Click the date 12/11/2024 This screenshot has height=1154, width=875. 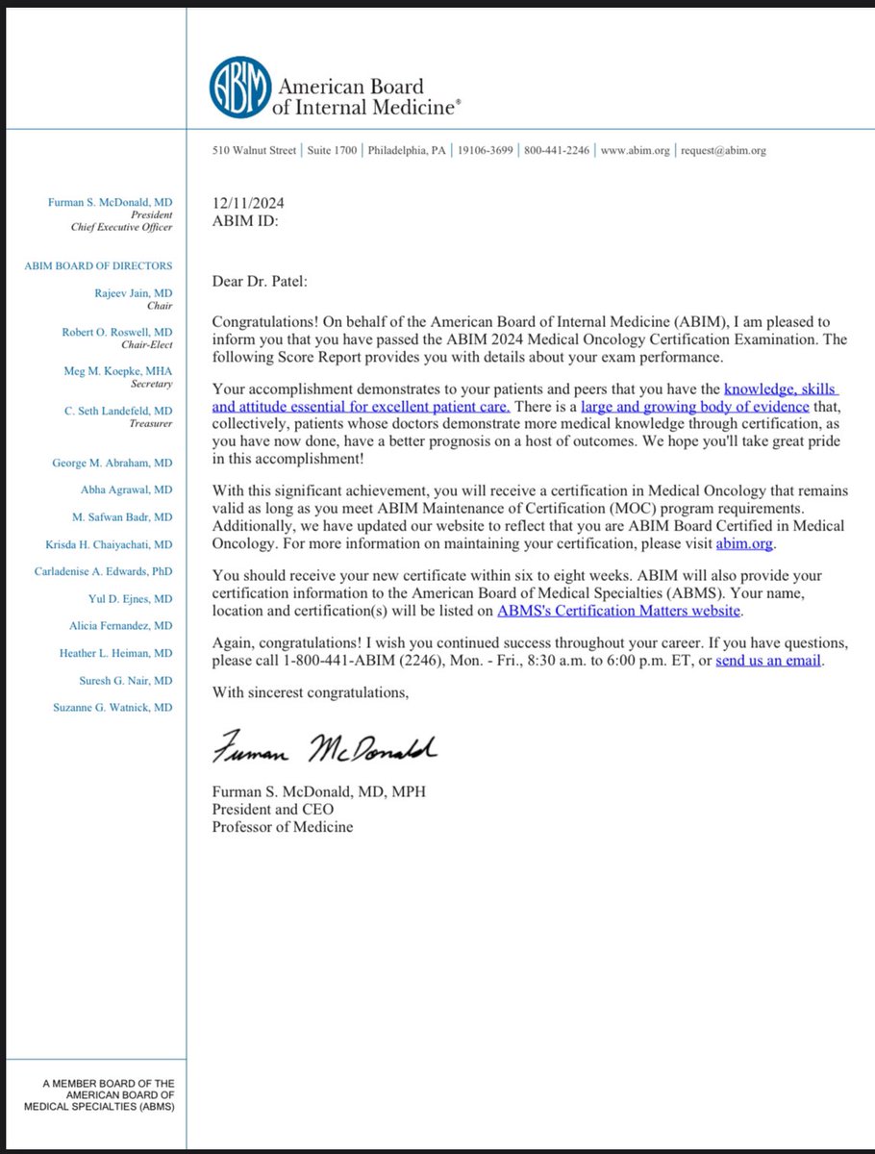(248, 203)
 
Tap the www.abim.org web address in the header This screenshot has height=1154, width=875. (636, 151)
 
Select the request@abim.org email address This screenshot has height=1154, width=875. (724, 151)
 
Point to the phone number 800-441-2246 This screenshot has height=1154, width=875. (557, 151)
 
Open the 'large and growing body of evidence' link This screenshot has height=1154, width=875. (695, 408)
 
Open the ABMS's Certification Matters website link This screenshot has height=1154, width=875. (619, 610)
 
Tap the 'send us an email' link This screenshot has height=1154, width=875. (769, 662)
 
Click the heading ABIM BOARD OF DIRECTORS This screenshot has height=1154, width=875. (99, 265)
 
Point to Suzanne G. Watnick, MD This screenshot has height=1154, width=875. (112, 707)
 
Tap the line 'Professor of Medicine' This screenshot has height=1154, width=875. (282, 826)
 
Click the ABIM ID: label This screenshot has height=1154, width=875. (244, 220)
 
